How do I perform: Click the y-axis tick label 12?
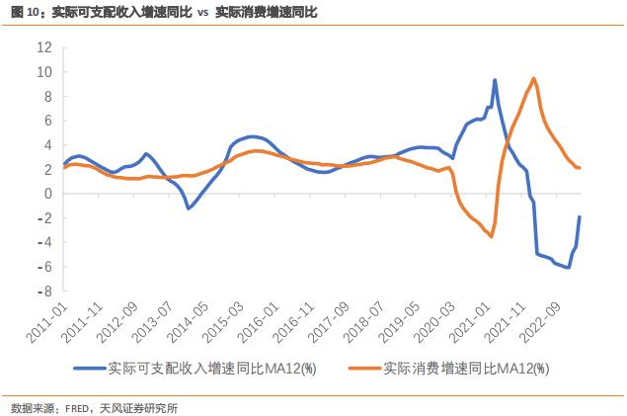point(43,47)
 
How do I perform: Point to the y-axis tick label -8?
point(43,291)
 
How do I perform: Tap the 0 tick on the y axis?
point(46,194)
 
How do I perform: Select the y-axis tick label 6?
point(46,121)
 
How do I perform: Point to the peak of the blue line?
point(495,80)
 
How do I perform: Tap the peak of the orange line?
point(534,78)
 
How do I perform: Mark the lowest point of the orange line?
point(491,236)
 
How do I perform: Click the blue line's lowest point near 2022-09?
point(569,268)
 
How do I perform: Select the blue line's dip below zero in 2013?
point(189,208)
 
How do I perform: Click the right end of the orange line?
point(580,168)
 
